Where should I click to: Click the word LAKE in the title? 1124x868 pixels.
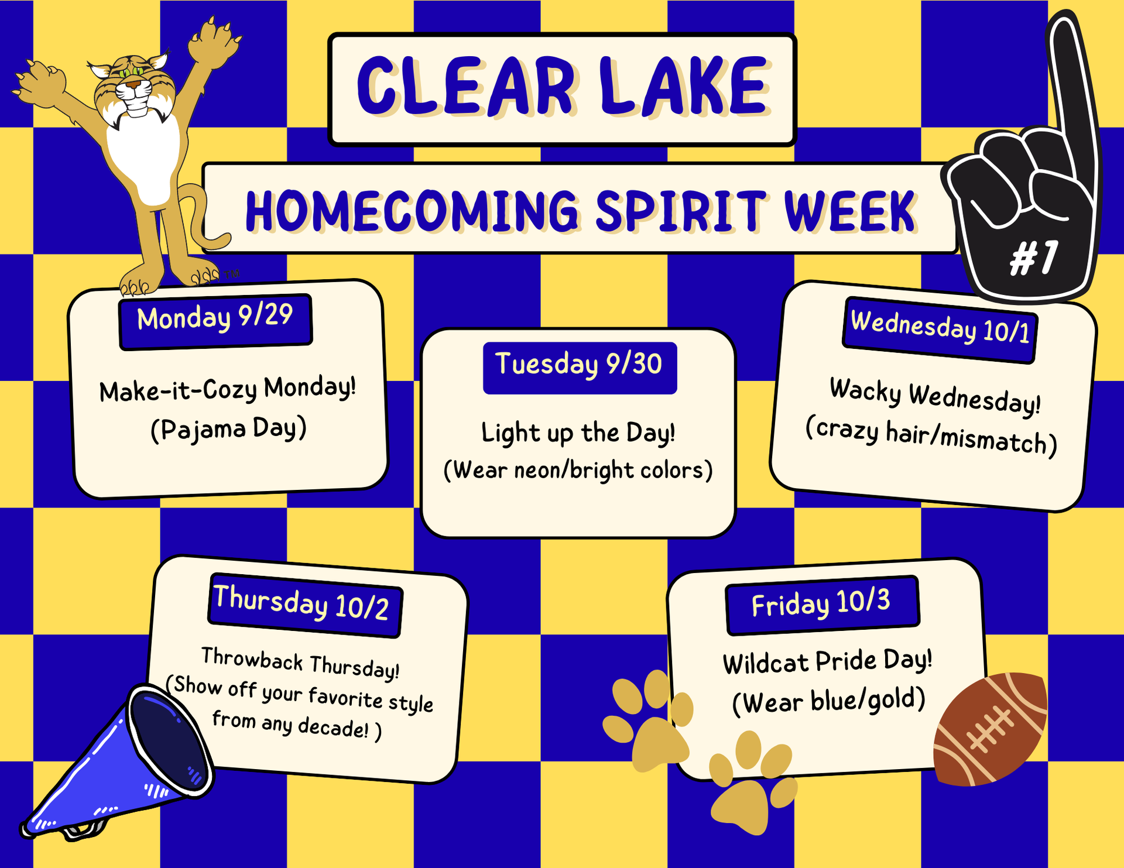pyautogui.click(x=684, y=86)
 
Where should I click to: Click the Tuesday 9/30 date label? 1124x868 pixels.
pyautogui.click(x=580, y=368)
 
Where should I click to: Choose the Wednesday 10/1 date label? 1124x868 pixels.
pyautogui.click(x=940, y=330)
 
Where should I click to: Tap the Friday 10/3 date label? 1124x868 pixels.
pyautogui.click(x=823, y=605)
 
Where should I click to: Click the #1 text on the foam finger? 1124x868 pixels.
pyautogui.click(x=1034, y=258)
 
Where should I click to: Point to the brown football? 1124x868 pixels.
pyautogui.click(x=990, y=729)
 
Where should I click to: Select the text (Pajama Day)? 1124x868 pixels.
pyautogui.click(x=228, y=429)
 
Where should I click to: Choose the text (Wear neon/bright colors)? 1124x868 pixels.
pyautogui.click(x=578, y=470)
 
